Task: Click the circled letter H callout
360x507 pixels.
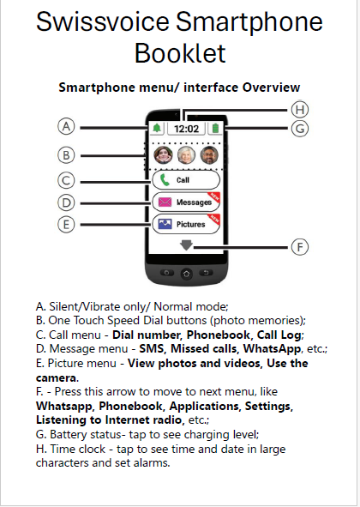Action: [300, 109]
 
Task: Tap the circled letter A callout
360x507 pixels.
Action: [66, 126]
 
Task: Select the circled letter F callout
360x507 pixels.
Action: [300, 247]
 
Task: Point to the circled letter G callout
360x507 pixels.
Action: [300, 129]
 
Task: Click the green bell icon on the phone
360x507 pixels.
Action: [157, 129]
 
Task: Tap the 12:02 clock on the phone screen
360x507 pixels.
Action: [187, 129]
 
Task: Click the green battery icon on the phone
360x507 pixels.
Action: [215, 129]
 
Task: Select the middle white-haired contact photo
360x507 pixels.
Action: [187, 155]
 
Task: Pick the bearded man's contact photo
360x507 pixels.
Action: [209, 155]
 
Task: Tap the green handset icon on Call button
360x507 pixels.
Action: [165, 180]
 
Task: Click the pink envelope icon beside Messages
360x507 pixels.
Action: [165, 202]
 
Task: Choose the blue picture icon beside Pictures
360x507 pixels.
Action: [165, 224]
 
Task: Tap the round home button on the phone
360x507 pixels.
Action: [187, 274]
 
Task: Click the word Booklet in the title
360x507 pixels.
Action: [180, 53]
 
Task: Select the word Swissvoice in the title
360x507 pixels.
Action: [103, 21]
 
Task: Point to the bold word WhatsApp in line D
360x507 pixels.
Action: [272, 349]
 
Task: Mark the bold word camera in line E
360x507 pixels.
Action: [57, 377]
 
